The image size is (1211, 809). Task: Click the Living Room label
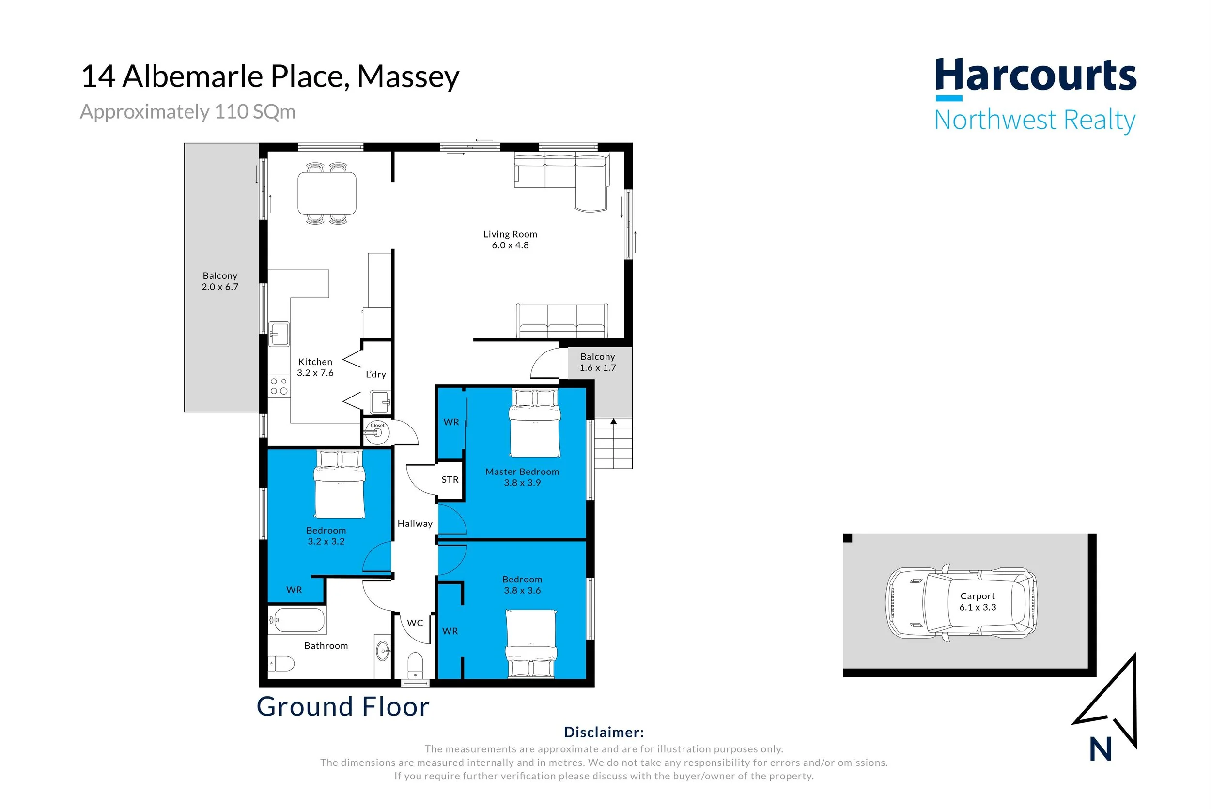click(510, 239)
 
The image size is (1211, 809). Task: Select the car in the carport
click(961, 603)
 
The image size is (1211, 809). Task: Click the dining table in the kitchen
click(327, 194)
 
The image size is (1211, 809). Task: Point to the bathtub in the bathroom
click(297, 620)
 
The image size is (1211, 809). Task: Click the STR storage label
click(450, 480)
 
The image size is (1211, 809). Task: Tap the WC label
click(415, 623)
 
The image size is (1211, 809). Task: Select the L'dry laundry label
click(376, 374)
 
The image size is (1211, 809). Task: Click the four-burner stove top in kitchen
click(279, 386)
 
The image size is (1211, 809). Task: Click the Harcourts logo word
click(1035, 76)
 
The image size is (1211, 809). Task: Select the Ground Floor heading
click(343, 706)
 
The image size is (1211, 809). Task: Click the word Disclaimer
click(604, 732)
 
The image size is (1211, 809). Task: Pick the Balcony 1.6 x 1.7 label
click(597, 362)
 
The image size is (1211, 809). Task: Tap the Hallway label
click(415, 524)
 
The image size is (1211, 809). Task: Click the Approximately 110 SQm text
click(188, 112)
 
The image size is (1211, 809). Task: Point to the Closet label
click(377, 425)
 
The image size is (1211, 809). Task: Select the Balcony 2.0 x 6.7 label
click(220, 281)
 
